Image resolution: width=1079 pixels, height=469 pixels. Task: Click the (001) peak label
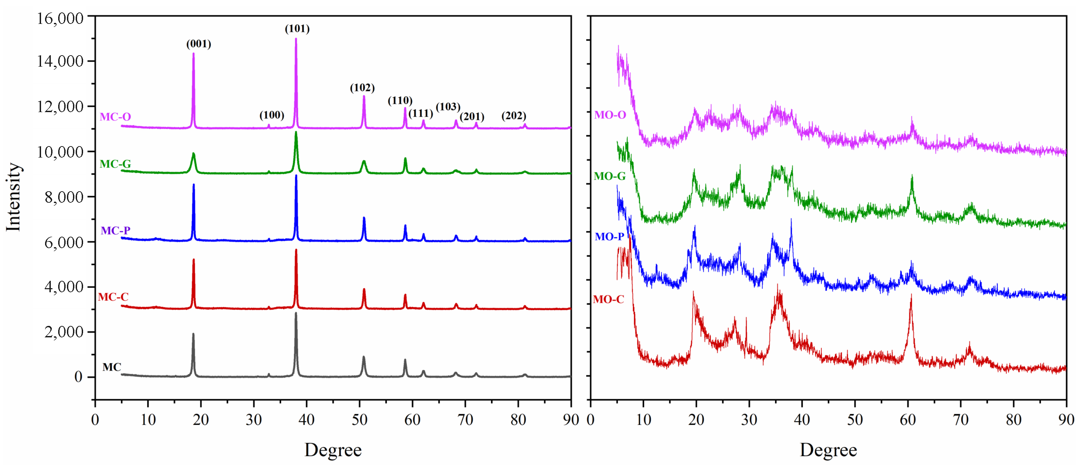click(x=198, y=44)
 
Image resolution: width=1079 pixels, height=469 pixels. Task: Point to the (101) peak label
click(x=297, y=29)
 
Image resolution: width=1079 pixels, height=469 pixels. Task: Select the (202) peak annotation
click(x=514, y=116)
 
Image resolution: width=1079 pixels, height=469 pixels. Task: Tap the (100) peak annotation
click(x=271, y=115)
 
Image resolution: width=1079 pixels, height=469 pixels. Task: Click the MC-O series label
click(x=115, y=117)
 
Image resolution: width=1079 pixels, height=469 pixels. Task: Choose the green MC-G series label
click(x=115, y=164)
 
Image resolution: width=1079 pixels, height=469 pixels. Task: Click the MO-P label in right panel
click(x=609, y=237)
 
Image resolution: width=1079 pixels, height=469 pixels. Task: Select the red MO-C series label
click(x=608, y=300)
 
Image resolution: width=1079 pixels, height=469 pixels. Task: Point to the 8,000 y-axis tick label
click(x=64, y=197)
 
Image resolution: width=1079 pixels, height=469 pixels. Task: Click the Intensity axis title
click(x=13, y=197)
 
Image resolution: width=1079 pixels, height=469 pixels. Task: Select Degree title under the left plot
click(x=333, y=450)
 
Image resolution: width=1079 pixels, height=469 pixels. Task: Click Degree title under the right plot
click(x=828, y=450)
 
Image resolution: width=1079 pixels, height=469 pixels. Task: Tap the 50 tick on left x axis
click(x=360, y=420)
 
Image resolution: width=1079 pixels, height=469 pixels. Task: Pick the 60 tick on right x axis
click(x=908, y=420)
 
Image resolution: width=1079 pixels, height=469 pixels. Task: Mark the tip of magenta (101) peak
click(x=296, y=39)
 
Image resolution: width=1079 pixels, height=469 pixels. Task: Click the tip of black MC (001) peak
click(x=193, y=334)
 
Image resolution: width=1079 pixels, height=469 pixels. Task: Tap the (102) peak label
click(x=362, y=88)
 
